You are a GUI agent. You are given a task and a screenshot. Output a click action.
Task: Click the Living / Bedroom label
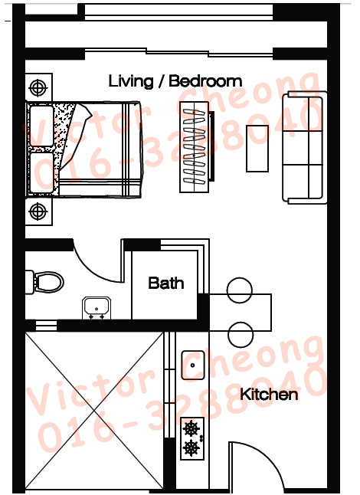(175, 81)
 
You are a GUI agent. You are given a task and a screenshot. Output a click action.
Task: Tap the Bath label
(166, 283)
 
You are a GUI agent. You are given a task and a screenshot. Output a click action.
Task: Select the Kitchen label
(269, 395)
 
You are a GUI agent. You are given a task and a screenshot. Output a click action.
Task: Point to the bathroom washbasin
(97, 308)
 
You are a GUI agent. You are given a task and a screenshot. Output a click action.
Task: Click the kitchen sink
(193, 365)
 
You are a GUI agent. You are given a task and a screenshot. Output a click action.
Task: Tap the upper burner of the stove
(191, 428)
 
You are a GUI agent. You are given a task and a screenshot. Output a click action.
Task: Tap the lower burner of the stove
(191, 447)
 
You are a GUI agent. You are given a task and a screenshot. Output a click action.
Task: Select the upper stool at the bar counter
(240, 290)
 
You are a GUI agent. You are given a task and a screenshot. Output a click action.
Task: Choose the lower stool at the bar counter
(241, 335)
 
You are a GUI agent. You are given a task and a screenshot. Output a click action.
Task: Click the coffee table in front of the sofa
(257, 149)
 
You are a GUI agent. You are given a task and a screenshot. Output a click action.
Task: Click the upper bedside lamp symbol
(38, 87)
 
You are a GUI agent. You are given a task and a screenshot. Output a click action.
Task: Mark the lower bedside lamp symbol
(38, 211)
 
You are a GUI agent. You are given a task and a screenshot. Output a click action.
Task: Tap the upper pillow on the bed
(41, 126)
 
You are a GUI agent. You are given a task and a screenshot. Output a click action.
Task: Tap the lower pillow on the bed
(41, 172)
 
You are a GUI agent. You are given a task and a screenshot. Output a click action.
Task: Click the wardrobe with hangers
(195, 147)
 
